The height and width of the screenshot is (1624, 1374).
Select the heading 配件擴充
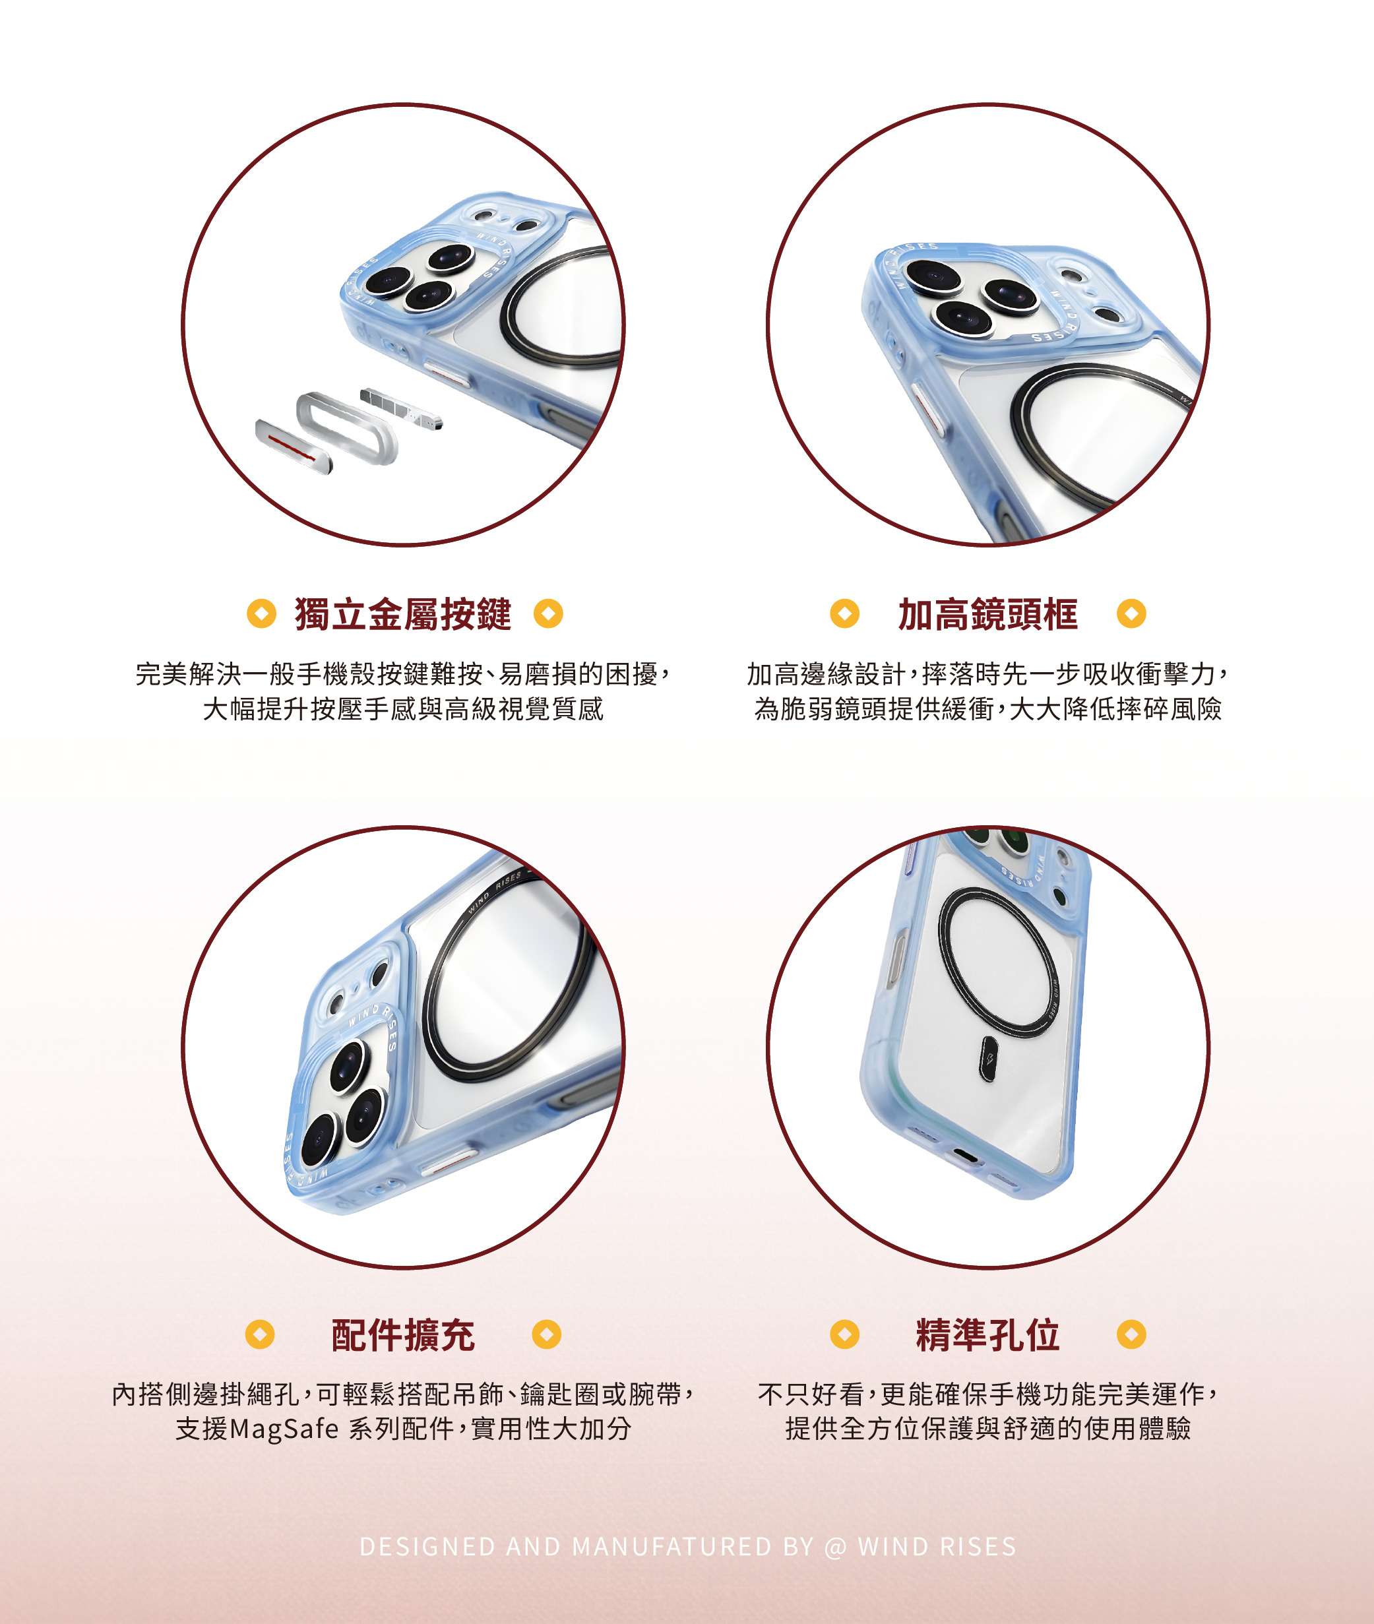tap(402, 1335)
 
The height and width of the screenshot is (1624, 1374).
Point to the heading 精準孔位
tap(987, 1335)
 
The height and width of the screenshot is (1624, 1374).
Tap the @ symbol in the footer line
tap(835, 1546)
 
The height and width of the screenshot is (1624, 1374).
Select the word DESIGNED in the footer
tap(427, 1546)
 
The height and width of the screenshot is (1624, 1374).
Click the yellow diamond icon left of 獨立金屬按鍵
tap(262, 613)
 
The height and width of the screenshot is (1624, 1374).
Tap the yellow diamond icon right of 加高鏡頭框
tap(1131, 613)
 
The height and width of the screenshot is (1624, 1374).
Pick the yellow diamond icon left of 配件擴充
tap(260, 1334)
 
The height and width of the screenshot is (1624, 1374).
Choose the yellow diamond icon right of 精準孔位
tap(1131, 1334)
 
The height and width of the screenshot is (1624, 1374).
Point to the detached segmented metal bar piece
tap(401, 408)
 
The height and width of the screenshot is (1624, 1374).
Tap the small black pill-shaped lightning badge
tap(988, 1059)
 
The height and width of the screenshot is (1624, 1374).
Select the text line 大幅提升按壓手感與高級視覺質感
tap(402, 709)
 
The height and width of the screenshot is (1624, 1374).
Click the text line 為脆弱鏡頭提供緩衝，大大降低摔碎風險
tap(987, 709)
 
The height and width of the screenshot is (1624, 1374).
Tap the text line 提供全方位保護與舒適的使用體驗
tap(987, 1429)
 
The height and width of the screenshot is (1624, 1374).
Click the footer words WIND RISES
tap(937, 1546)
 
